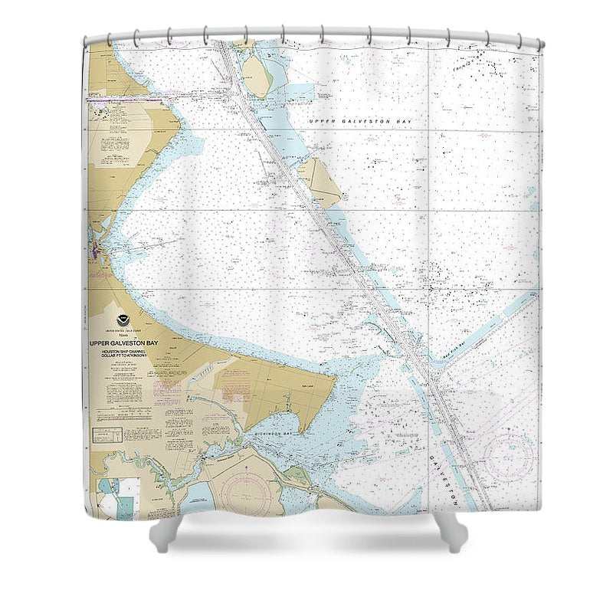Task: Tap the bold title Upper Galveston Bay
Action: [123, 343]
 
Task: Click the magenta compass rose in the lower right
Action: [508, 457]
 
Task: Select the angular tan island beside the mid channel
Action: [320, 181]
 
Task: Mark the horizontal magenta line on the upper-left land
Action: [123, 99]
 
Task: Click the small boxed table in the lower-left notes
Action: [107, 435]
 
